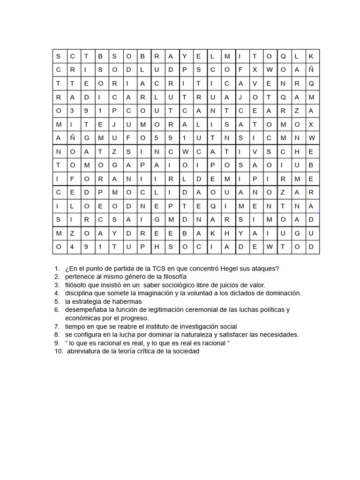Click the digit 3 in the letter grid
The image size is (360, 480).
[72, 111]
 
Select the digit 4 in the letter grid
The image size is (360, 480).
[72, 247]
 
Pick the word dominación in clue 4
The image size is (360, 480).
[283, 293]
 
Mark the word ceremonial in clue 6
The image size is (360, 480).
[201, 309]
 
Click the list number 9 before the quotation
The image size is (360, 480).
[57, 343]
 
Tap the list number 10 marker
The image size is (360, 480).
[58, 351]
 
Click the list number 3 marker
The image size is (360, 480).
[57, 285]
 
